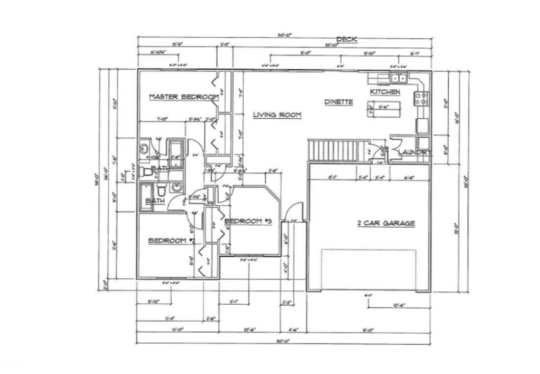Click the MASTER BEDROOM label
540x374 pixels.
pos(183,97)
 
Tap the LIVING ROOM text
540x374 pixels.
pos(277,115)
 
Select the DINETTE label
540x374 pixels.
pos(338,102)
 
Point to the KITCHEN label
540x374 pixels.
pos(385,92)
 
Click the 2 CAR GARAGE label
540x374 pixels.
pos(386,223)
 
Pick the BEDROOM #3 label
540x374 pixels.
pos(248,222)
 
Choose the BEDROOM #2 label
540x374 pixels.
pos(172,240)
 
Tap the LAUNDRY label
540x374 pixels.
pos(414,153)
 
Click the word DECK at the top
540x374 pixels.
pos(346,39)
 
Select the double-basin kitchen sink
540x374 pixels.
pos(398,77)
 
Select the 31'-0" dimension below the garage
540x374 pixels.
pos(368,330)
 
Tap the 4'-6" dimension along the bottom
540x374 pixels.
pos(293,330)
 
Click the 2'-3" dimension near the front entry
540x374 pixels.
pos(287,302)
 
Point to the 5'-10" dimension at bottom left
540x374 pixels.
pos(153,302)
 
